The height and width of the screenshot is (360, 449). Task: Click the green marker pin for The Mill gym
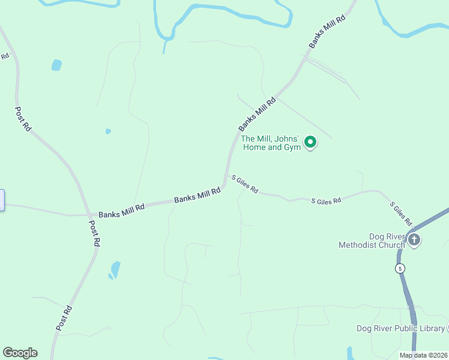click(310, 142)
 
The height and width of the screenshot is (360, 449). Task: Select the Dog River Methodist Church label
click(372, 241)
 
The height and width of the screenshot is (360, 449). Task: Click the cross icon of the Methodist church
click(414, 241)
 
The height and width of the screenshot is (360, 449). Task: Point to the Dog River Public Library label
click(400, 328)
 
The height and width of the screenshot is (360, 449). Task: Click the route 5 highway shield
click(400, 268)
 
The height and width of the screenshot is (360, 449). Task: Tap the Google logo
click(20, 353)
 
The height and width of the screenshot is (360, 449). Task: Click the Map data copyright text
click(423, 355)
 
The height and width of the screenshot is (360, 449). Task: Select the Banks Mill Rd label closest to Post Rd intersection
click(122, 211)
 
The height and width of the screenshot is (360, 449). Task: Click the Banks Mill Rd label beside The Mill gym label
click(257, 114)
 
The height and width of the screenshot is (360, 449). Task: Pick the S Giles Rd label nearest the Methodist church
click(401, 214)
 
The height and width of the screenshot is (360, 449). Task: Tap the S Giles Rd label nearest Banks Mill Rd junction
click(245, 184)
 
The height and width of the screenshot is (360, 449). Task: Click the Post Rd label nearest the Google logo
click(64, 317)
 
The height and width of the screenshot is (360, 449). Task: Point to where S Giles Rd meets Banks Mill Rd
click(225, 179)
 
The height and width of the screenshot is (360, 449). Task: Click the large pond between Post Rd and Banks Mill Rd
click(115, 269)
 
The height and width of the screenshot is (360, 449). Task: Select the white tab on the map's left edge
click(2, 200)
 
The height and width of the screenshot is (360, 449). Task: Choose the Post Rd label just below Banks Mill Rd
click(94, 233)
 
